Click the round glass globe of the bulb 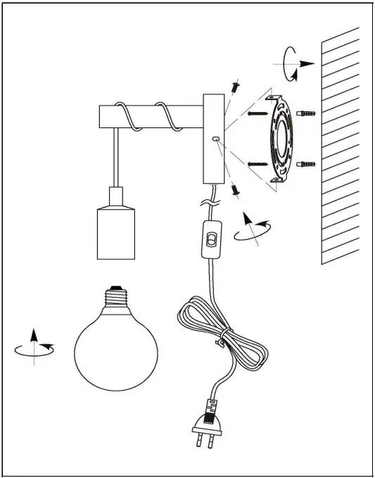coord(116,348)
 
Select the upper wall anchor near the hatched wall coord(307,113)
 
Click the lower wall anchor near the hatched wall coord(307,165)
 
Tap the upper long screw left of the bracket coord(259,113)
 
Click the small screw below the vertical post coord(235,189)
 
